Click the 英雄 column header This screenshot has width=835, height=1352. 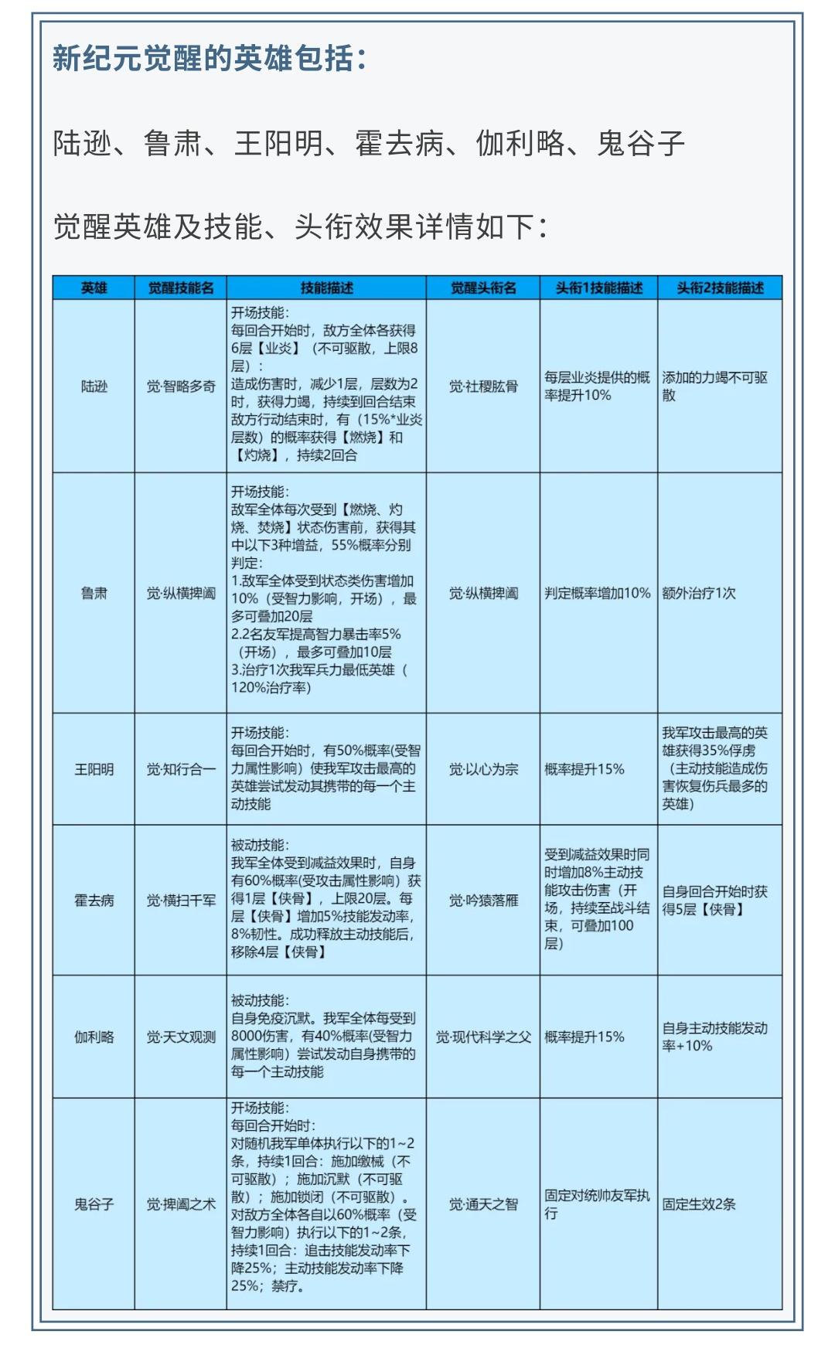pyautogui.click(x=94, y=288)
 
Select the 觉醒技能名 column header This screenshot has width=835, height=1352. pyautogui.click(x=181, y=288)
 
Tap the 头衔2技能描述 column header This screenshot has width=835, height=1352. pyautogui.click(x=720, y=288)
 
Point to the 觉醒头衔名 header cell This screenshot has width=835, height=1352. pyautogui.click(x=483, y=288)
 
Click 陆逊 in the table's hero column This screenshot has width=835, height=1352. pyautogui.click(x=94, y=386)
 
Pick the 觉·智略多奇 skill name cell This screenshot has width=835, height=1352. pyautogui.click(x=181, y=386)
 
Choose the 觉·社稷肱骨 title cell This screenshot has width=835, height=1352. pyautogui.click(x=483, y=386)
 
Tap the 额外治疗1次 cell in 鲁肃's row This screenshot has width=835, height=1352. pyautogui.click(x=699, y=593)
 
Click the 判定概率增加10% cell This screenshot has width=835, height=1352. pyautogui.click(x=598, y=593)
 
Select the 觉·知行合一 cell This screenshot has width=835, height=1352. pyautogui.click(x=181, y=769)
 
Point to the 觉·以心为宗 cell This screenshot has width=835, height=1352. pyautogui.click(x=483, y=769)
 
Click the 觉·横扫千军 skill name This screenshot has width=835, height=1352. pyautogui.click(x=181, y=900)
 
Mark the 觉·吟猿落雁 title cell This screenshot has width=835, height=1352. pyautogui.click(x=483, y=900)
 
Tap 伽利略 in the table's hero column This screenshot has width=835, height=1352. pyautogui.click(x=94, y=1037)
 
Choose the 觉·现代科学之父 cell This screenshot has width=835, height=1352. pyautogui.click(x=483, y=1037)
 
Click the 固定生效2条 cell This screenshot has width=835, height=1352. pyautogui.click(x=699, y=1204)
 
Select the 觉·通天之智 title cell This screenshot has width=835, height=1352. pyautogui.click(x=483, y=1204)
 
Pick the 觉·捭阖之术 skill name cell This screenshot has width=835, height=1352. pyautogui.click(x=181, y=1204)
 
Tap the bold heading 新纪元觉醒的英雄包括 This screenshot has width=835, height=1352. pyautogui.click(x=209, y=59)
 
